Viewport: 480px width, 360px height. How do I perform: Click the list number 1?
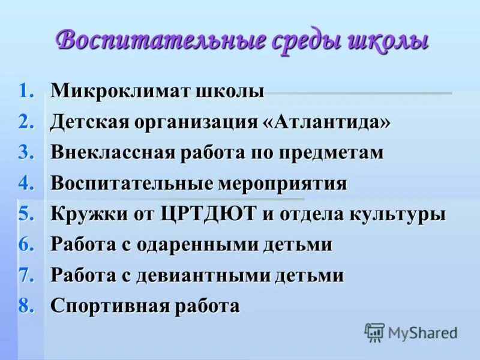tap(27, 92)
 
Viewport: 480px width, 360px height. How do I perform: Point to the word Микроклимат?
tap(121, 92)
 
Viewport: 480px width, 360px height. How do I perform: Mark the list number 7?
tap(27, 276)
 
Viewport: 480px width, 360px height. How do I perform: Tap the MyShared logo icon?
tap(375, 332)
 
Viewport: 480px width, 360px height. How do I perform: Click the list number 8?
tap(27, 307)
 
